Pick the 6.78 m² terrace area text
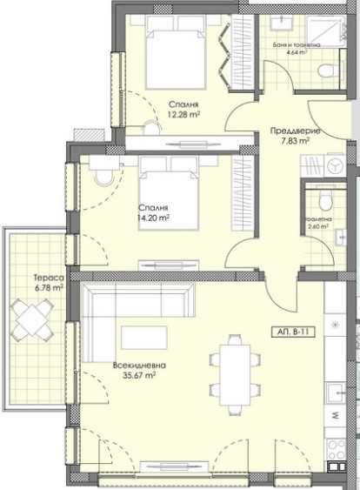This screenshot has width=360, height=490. click(x=36, y=287)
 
